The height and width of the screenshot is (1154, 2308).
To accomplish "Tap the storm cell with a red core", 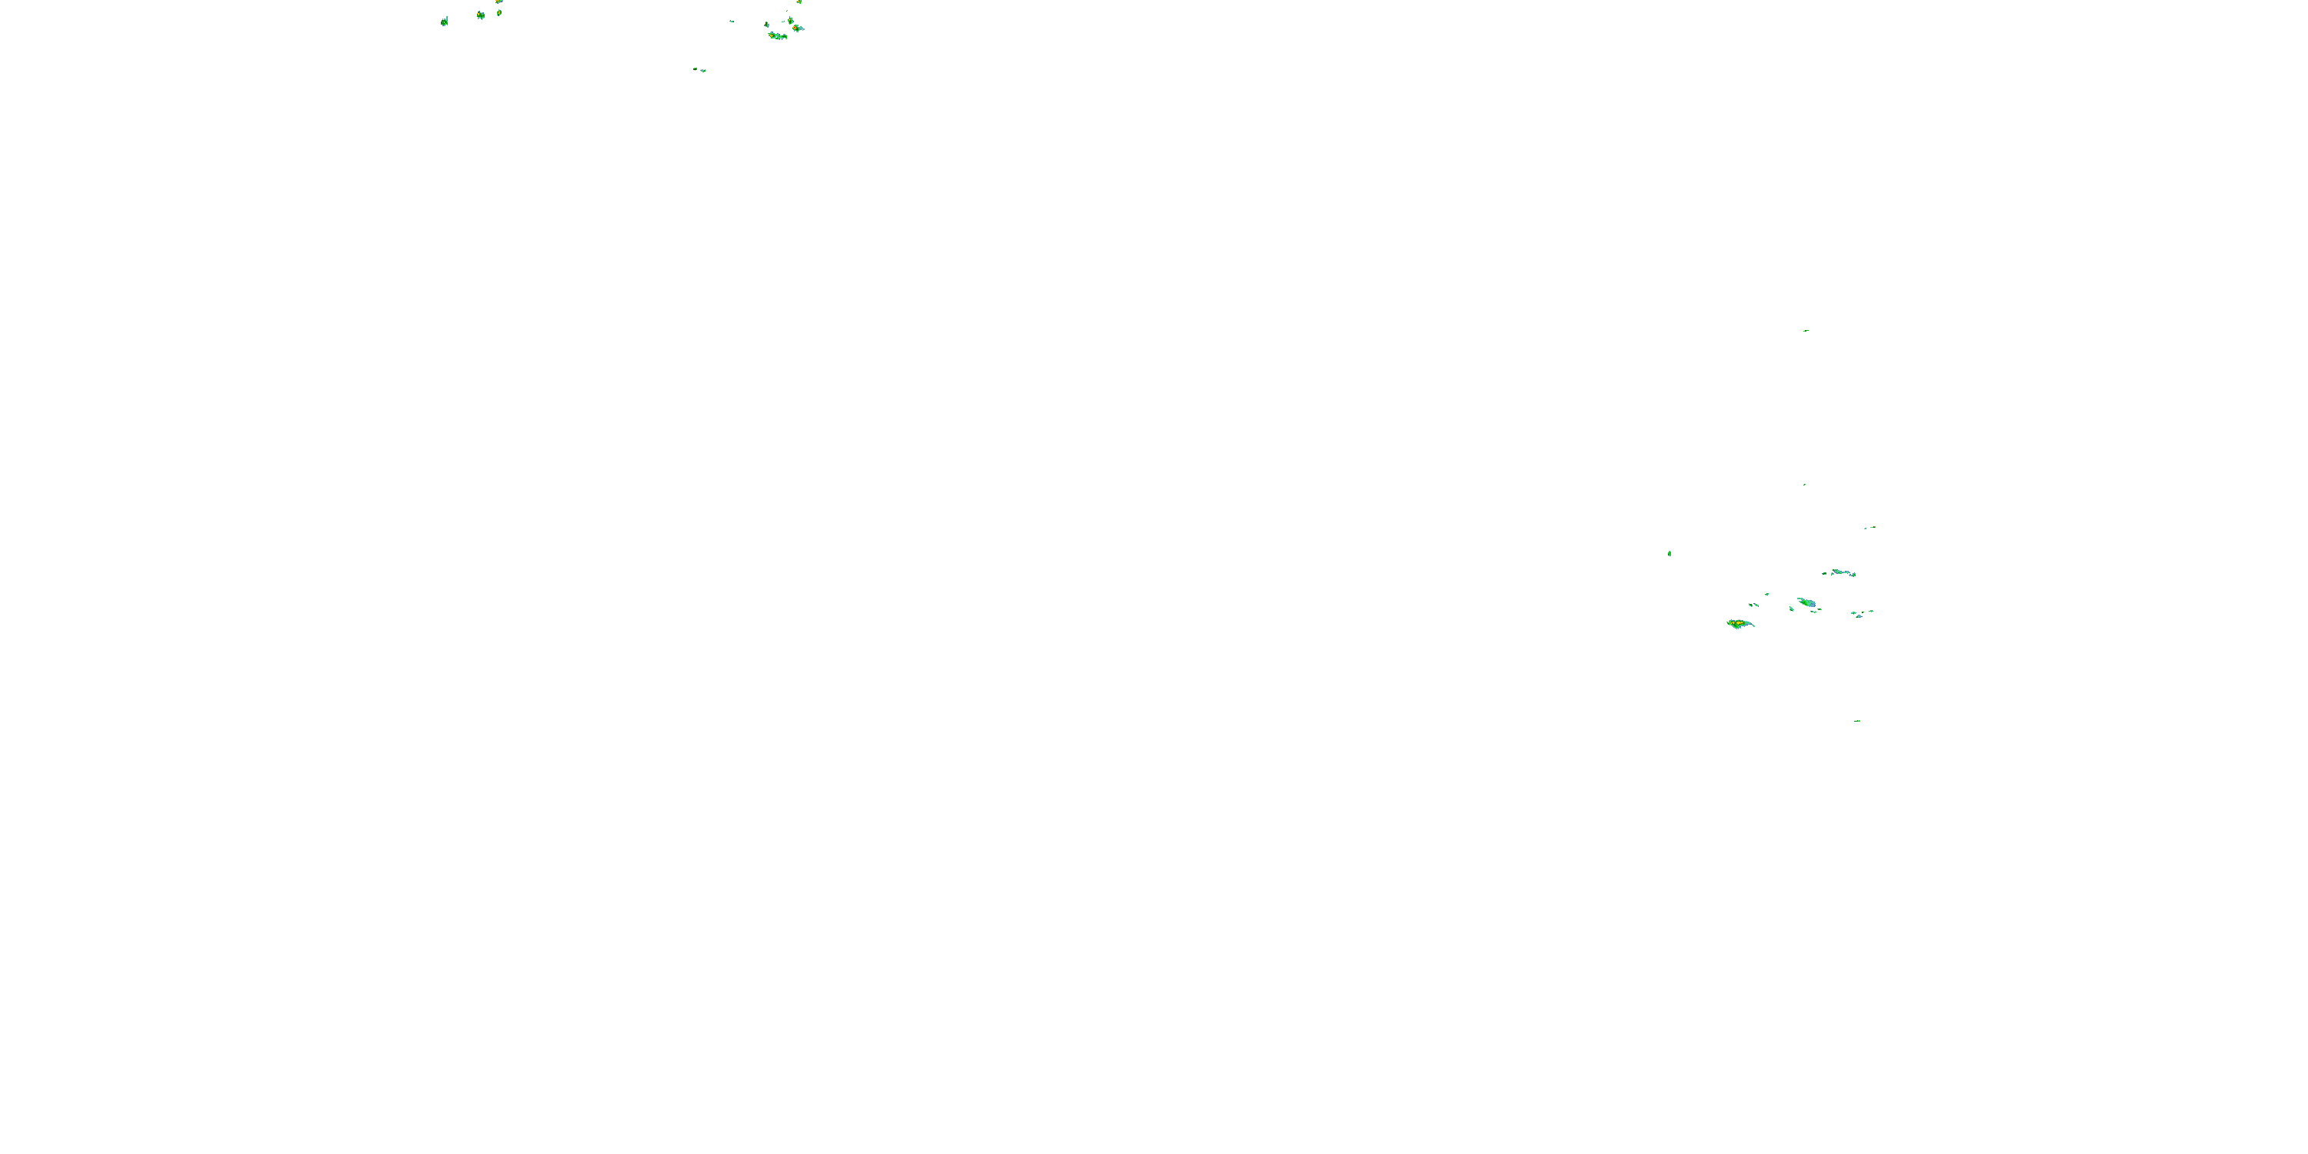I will click(796, 28).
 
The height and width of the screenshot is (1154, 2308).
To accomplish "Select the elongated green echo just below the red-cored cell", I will click(777, 36).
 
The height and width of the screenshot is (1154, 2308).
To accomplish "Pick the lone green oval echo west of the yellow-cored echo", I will click(1669, 554).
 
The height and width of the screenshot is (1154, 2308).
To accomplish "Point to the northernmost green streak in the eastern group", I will click(1806, 331).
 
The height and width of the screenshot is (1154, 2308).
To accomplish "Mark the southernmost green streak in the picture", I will click(1857, 720).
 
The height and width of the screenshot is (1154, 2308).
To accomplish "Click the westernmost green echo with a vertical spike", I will click(445, 21).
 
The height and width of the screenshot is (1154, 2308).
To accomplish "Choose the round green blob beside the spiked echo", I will click(480, 15).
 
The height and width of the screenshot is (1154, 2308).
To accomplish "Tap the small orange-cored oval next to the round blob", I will click(499, 12).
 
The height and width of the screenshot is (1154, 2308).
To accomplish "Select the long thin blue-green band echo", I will click(1839, 572).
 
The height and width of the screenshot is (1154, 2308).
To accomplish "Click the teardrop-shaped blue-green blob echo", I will click(1806, 603).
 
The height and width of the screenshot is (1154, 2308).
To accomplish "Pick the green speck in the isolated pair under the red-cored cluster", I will click(695, 68).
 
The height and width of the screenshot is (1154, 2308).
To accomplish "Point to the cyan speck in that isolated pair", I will click(702, 70).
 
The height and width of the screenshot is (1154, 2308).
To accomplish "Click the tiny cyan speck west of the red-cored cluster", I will click(732, 21).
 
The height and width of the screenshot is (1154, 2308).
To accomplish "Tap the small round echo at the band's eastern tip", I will click(1854, 575).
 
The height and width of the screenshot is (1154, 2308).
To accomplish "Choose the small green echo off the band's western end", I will click(1823, 573).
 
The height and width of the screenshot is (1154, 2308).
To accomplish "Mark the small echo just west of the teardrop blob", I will click(1792, 609).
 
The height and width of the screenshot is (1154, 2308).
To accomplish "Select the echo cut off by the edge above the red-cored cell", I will click(799, 2).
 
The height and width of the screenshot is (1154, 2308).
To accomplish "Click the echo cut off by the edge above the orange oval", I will click(499, 2).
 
